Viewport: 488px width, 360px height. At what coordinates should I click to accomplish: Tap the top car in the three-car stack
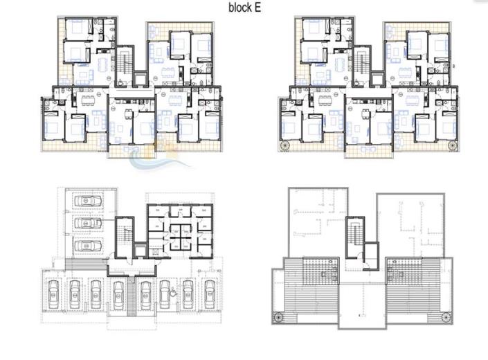click(x=86, y=201)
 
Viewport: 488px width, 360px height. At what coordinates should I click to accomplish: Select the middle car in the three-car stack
click(x=86, y=224)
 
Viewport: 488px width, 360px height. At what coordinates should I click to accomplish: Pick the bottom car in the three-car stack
click(x=86, y=247)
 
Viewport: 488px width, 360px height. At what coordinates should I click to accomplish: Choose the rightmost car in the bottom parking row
click(x=208, y=294)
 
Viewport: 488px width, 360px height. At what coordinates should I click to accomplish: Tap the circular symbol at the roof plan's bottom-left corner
click(x=279, y=318)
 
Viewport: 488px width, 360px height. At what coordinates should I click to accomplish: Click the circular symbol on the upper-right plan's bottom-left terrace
click(x=284, y=145)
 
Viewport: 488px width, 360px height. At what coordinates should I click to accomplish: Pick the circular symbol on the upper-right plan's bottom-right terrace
click(x=452, y=145)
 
